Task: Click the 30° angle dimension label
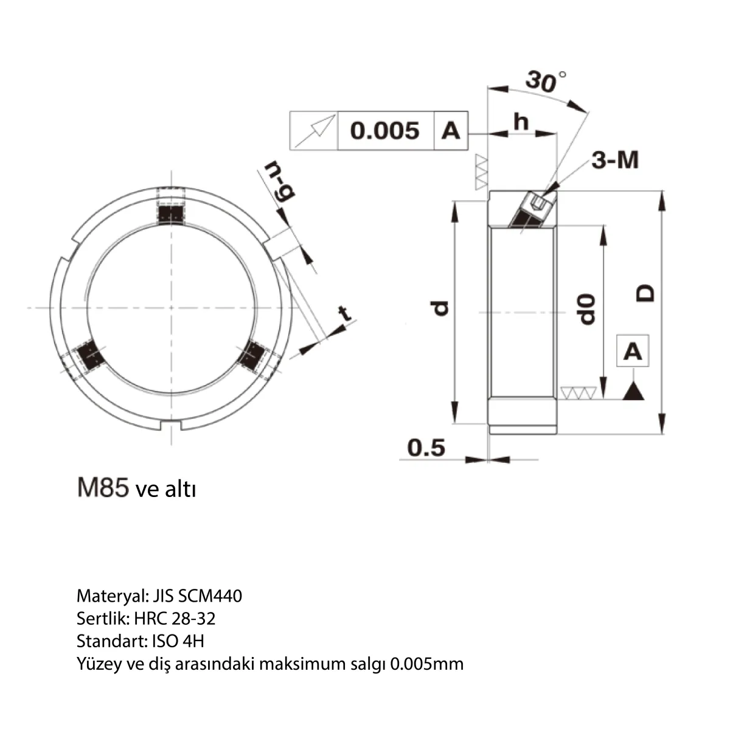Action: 546,82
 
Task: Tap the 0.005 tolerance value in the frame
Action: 385,131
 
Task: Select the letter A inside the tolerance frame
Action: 450,131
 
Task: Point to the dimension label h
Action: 521,122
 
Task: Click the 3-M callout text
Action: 615,160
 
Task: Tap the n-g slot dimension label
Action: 279,181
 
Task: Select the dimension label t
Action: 344,314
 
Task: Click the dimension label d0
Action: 586,309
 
